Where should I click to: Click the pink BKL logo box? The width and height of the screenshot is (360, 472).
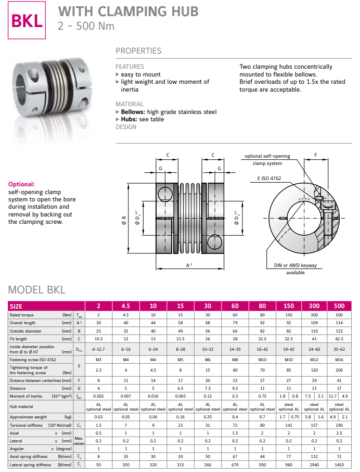pyautogui.click(x=27, y=20)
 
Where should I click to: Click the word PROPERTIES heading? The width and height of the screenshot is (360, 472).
pyautogui.click(x=138, y=51)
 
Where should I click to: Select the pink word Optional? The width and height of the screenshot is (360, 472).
pyautogui.click(x=21, y=184)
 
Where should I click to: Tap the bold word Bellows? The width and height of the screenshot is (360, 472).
pyautogui.click(x=133, y=112)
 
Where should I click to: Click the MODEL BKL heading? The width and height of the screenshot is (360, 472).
pyautogui.click(x=37, y=290)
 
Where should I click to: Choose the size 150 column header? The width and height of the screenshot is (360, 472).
pyautogui.click(x=289, y=306)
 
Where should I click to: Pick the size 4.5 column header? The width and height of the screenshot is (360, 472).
pyautogui.click(x=126, y=306)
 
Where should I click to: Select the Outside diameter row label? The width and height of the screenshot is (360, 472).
pyautogui.click(x=25, y=331)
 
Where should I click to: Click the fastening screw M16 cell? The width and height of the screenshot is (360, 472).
pyautogui.click(x=339, y=360)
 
